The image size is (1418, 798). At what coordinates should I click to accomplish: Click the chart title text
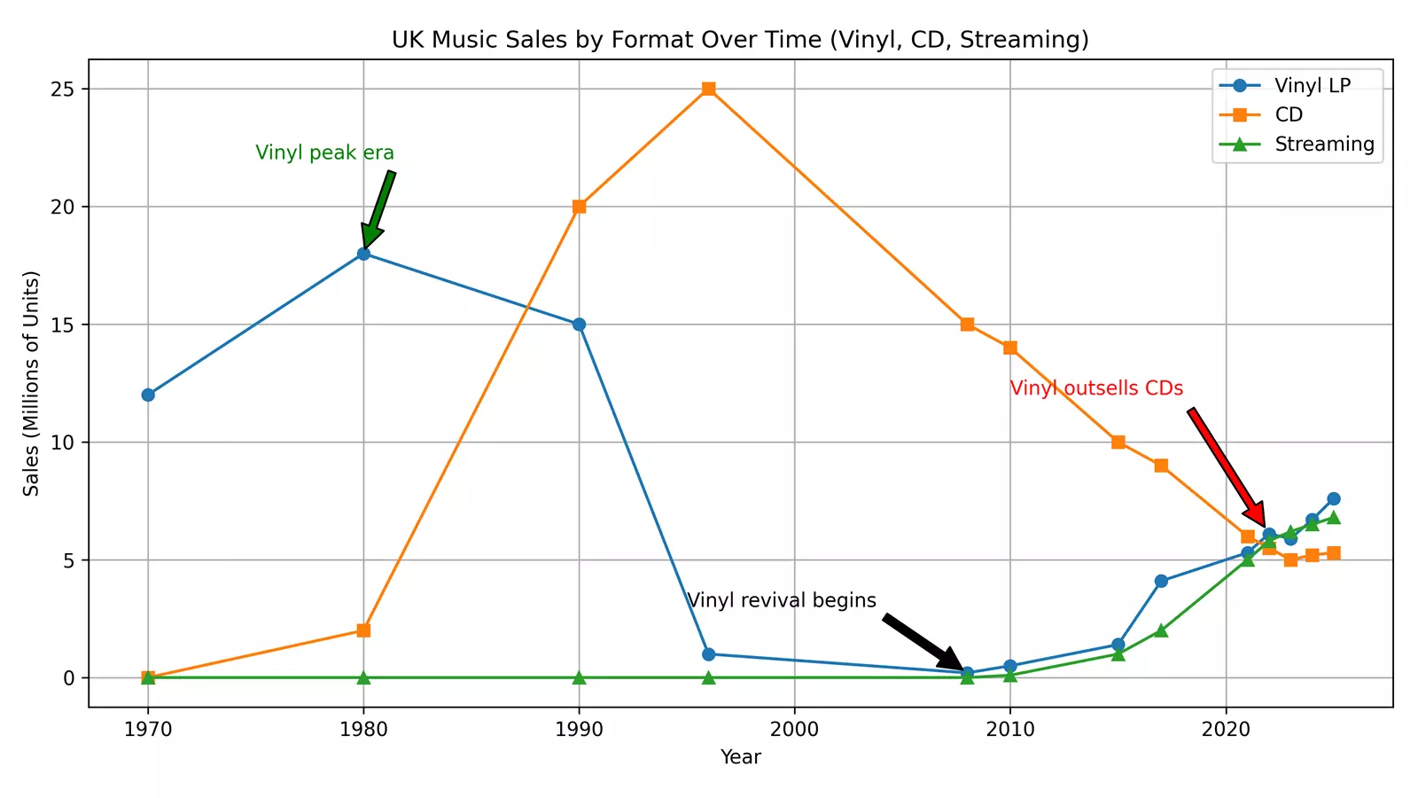(740, 40)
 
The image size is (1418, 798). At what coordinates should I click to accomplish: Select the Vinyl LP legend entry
(1312, 85)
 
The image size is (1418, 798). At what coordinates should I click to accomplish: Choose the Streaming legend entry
(1323, 144)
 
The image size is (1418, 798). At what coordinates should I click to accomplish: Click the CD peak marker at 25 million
(708, 89)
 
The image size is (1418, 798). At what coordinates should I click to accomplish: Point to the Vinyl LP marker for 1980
(363, 254)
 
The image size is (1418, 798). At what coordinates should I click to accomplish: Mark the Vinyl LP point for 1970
(148, 395)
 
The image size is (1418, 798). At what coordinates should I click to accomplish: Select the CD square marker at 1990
(579, 207)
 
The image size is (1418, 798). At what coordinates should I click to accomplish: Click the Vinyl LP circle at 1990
(579, 325)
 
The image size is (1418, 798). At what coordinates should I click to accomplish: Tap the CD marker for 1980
(363, 630)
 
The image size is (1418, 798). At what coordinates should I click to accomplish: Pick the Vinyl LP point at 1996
(708, 654)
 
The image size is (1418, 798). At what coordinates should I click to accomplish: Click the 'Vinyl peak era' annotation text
(324, 153)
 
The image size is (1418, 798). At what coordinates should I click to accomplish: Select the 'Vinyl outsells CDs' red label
(1096, 388)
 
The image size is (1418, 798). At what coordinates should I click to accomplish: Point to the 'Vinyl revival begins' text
(781, 600)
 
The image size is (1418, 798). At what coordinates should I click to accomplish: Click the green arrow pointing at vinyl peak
(378, 210)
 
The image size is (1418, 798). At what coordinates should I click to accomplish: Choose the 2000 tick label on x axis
(794, 730)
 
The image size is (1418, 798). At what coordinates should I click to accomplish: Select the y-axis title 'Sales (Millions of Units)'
(32, 383)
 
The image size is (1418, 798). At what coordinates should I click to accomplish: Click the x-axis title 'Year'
(740, 757)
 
